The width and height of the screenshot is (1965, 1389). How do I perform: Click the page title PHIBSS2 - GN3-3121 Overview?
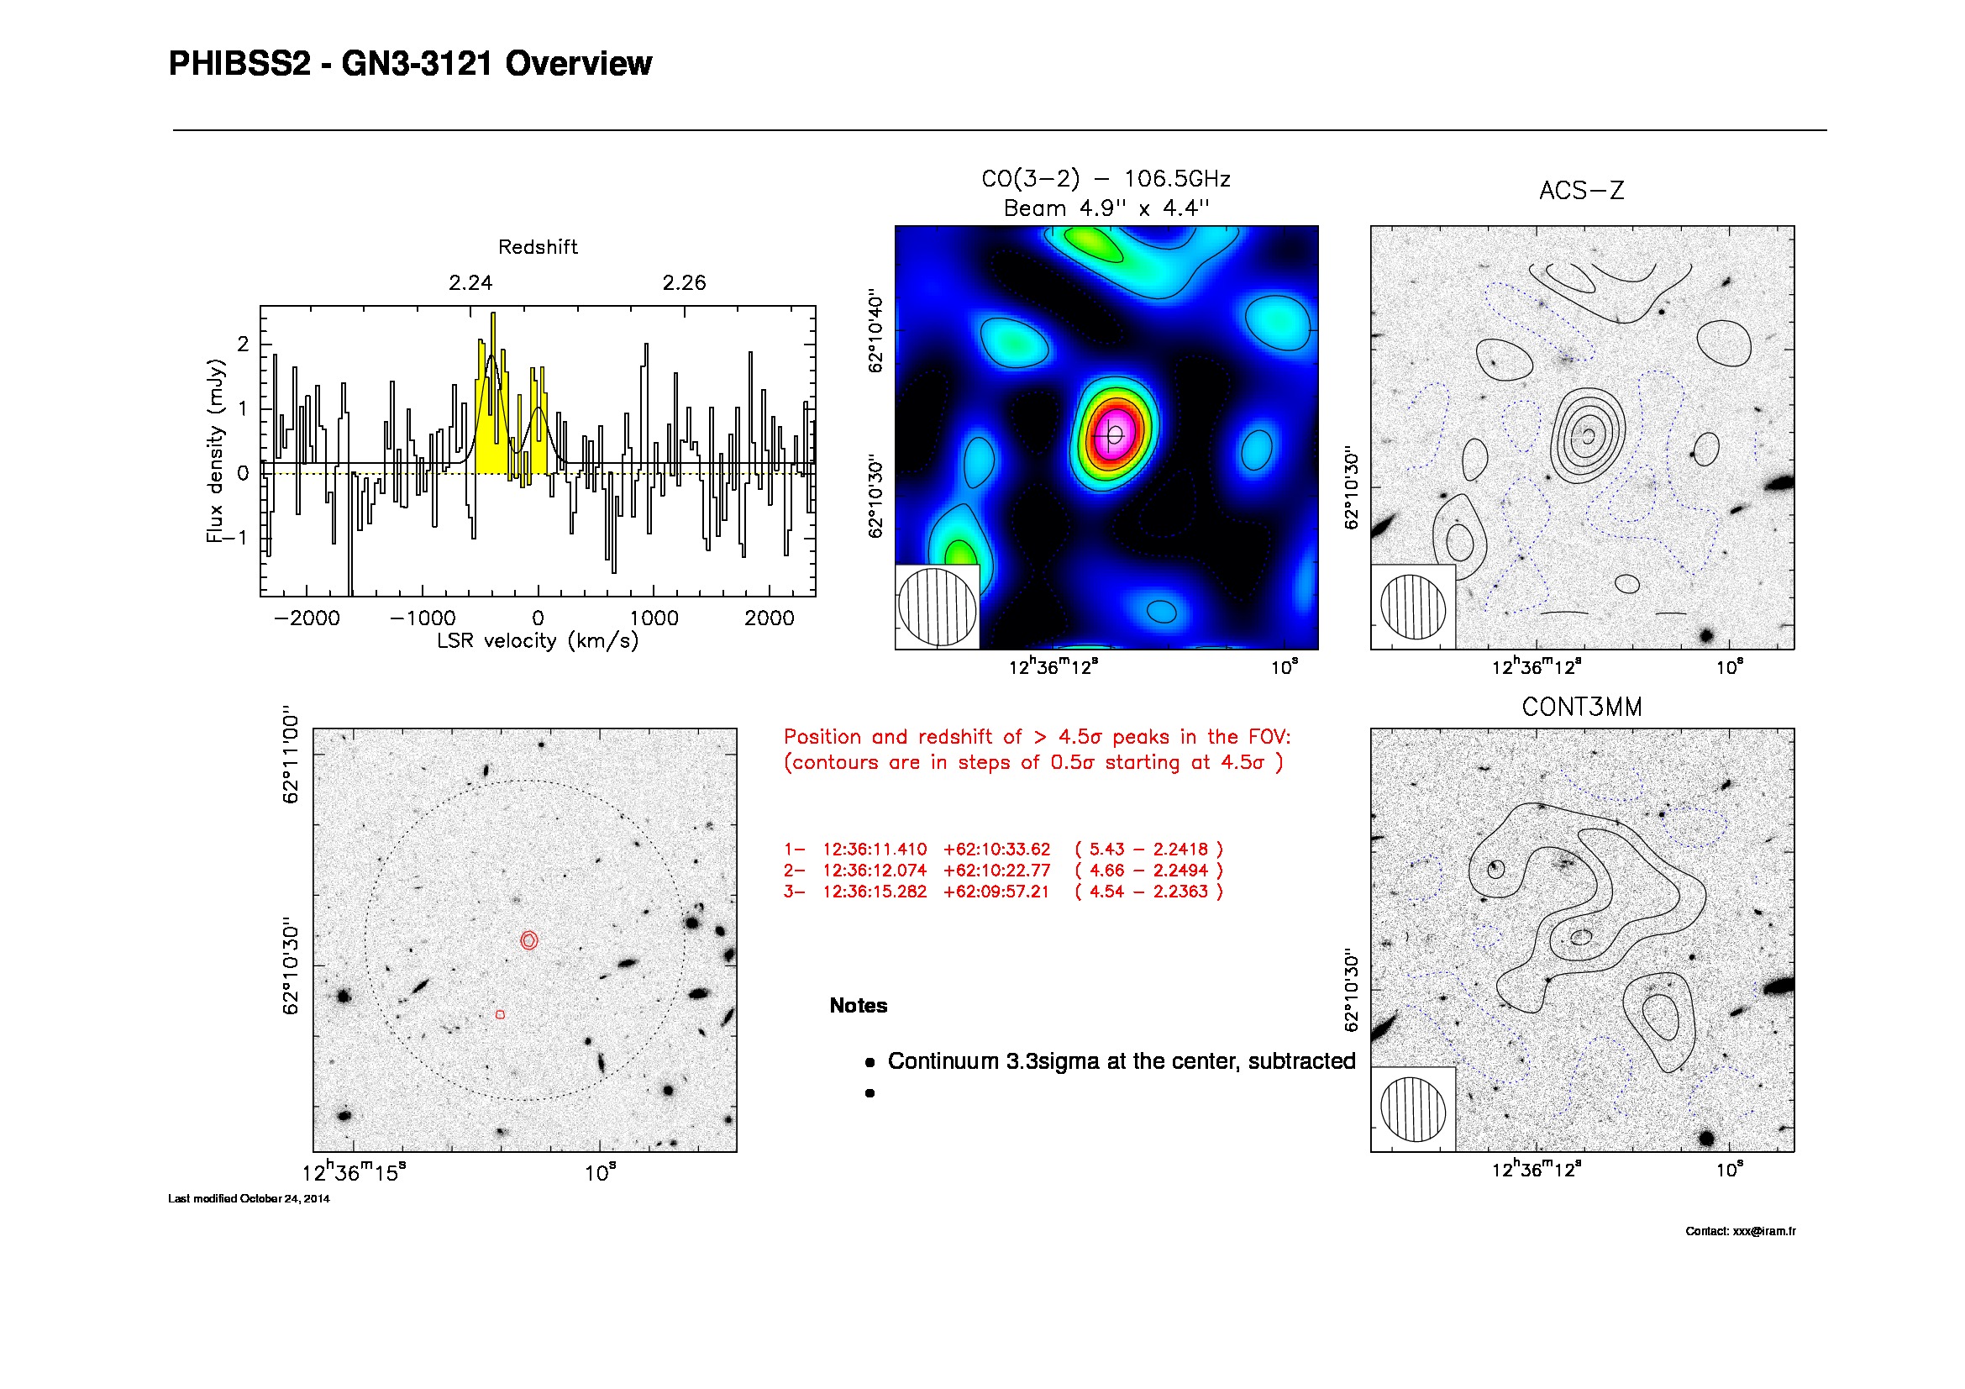coord(410,64)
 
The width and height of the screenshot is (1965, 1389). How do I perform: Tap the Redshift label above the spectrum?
coord(538,247)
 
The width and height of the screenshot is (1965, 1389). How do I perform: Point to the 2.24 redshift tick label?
coord(470,283)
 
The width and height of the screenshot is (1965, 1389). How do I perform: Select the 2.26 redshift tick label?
coord(684,283)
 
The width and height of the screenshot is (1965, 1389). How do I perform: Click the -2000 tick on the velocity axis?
coord(307,618)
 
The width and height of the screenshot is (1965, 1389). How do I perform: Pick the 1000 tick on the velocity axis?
coord(654,618)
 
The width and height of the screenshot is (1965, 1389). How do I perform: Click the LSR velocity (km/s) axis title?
coord(538,641)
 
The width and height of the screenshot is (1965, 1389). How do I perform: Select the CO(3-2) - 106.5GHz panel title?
coord(1106,179)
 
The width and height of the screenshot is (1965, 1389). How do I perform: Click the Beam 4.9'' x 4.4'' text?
coord(1106,208)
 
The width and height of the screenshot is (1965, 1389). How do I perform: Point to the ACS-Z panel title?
coord(1582,190)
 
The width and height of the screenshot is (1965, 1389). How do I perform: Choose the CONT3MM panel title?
coord(1582,707)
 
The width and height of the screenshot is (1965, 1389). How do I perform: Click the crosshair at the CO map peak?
coord(1113,435)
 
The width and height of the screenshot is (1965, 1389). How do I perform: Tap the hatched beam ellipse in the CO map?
coord(938,607)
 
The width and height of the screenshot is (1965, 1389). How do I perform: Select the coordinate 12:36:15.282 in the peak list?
coord(875,892)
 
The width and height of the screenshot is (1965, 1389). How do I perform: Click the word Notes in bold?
coord(859,1006)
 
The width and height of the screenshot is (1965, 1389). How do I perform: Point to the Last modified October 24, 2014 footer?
coord(248,1199)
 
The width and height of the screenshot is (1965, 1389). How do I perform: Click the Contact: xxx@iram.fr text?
coord(1741,1232)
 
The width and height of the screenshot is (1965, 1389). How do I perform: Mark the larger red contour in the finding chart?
coord(521,940)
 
